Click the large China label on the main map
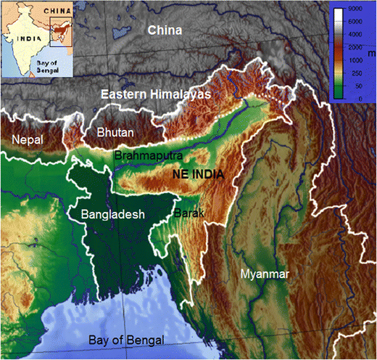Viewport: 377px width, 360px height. pyautogui.click(x=165, y=30)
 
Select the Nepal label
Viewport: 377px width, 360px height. pyautogui.click(x=28, y=139)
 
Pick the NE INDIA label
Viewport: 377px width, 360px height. pyautogui.click(x=196, y=175)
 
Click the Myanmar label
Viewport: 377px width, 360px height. pyautogui.click(x=264, y=274)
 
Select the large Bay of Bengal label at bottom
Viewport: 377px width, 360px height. pyautogui.click(x=127, y=340)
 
